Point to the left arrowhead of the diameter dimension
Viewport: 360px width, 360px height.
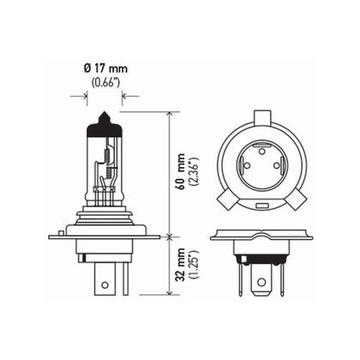point(91,97)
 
